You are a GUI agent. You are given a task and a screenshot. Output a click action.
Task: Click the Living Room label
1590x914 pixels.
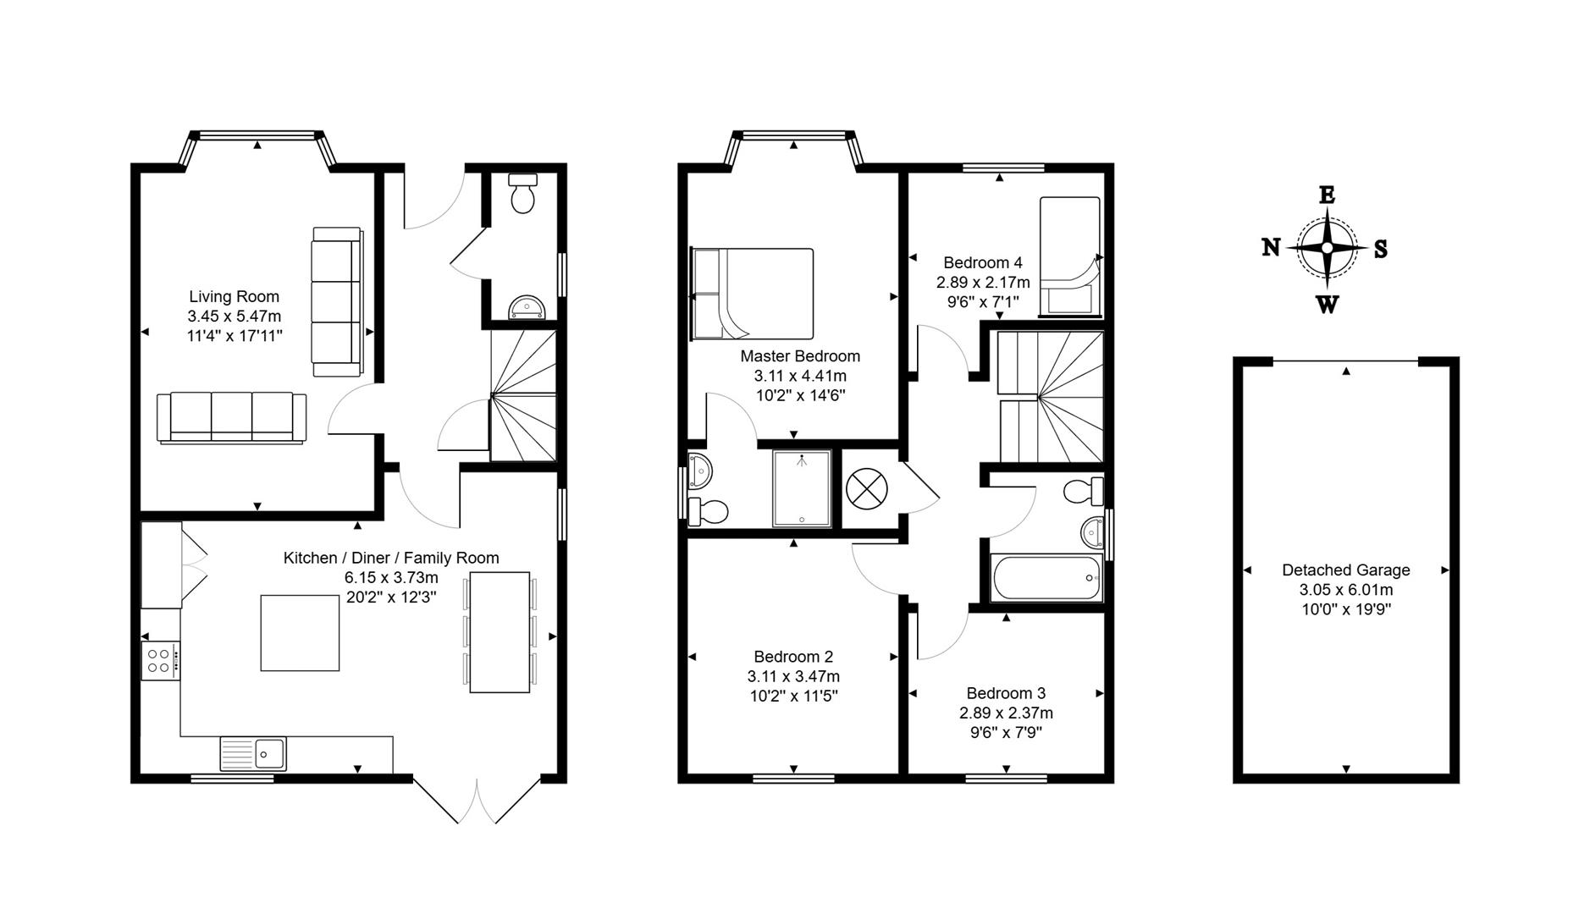[234, 296]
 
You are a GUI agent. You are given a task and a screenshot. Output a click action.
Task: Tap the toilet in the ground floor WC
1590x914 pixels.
[522, 195]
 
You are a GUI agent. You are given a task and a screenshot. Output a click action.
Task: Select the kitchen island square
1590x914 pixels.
[300, 633]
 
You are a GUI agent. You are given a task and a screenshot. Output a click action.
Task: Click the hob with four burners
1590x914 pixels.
[160, 660]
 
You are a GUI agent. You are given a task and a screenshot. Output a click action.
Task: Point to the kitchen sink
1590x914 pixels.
[254, 752]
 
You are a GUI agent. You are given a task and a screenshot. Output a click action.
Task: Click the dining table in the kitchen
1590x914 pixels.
[500, 632]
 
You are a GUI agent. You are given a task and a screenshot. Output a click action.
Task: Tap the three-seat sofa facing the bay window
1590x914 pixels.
[231, 416]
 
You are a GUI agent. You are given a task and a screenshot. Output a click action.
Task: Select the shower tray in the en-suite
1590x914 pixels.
[801, 489]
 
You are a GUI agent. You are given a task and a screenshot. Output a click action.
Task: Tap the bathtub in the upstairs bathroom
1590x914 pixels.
[1046, 577]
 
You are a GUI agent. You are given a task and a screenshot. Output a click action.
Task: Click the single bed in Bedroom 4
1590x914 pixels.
[1069, 256]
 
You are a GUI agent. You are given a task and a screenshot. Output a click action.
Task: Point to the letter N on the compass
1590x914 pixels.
[1271, 247]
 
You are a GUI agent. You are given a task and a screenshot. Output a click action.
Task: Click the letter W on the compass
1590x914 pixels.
[1327, 305]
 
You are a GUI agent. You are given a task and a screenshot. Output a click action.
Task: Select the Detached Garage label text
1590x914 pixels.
[1345, 570]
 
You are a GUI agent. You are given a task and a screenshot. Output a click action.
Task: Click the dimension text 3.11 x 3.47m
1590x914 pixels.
[793, 676]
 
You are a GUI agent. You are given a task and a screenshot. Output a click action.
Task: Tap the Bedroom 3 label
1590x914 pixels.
[1006, 693]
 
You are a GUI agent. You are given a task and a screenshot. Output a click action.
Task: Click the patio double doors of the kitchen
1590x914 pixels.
[478, 800]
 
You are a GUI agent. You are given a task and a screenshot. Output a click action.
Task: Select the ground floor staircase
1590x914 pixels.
[522, 396]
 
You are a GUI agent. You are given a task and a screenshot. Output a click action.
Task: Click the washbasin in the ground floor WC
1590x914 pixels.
[527, 308]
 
